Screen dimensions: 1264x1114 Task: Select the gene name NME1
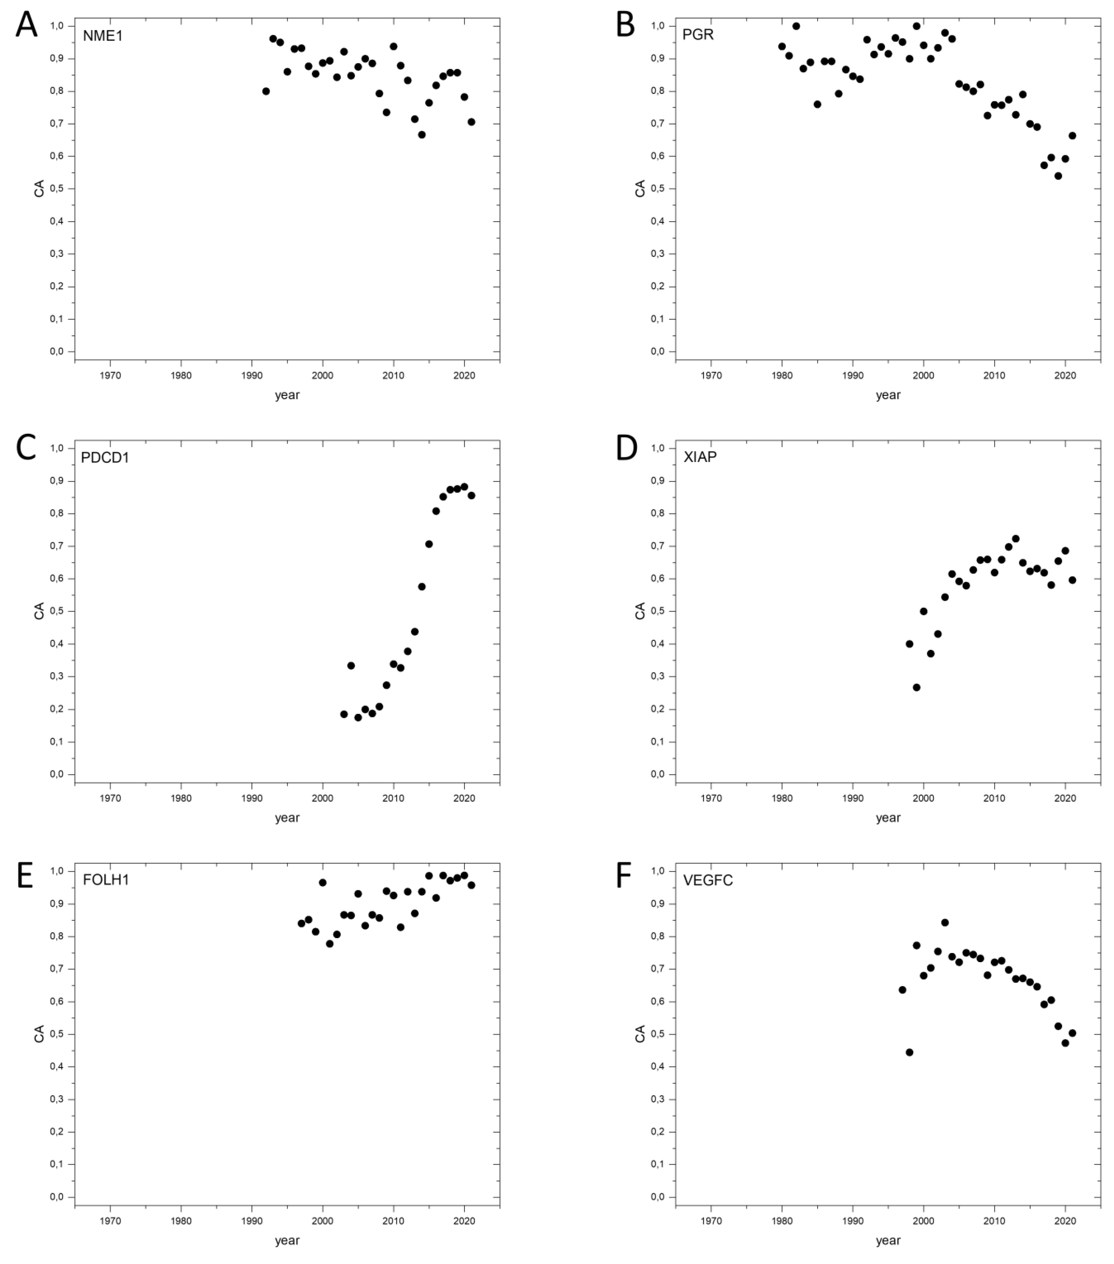(103, 36)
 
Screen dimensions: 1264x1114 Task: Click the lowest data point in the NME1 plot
(422, 134)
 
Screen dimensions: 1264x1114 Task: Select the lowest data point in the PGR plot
(1058, 176)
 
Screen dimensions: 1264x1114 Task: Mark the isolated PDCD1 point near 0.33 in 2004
(351, 665)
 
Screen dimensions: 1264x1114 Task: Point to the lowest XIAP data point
(916, 687)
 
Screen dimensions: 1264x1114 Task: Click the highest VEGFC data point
(945, 923)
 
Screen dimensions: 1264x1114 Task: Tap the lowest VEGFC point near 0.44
(909, 1052)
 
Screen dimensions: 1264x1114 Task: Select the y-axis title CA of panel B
(640, 188)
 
